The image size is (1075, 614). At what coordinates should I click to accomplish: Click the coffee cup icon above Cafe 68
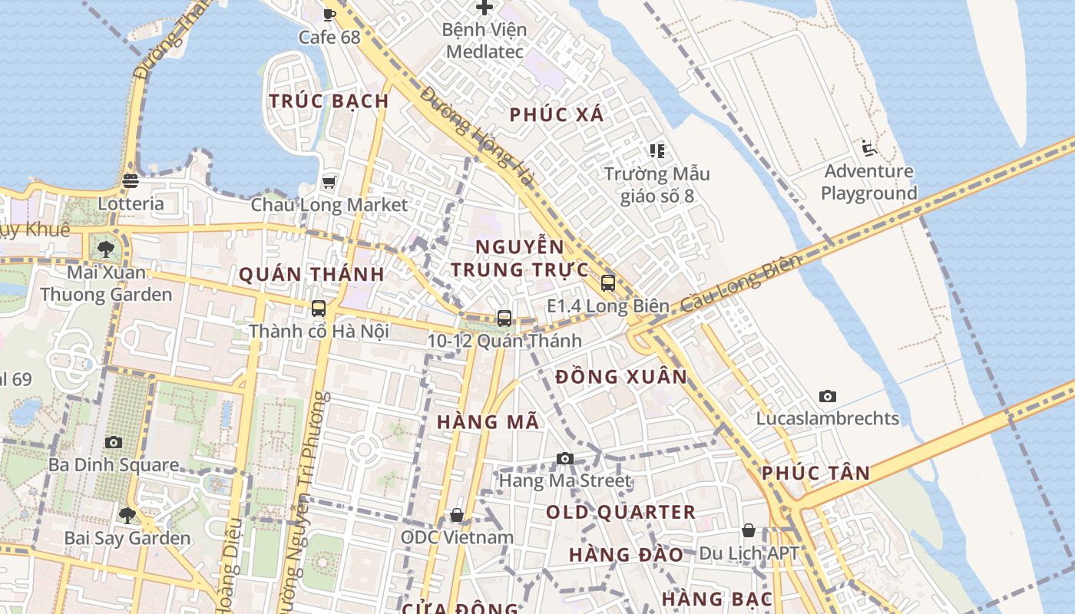tap(329, 14)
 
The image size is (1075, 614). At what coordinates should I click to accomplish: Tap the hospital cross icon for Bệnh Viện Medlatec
tap(485, 8)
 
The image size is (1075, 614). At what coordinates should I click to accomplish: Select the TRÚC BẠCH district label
tap(329, 101)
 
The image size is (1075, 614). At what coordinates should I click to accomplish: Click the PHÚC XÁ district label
tap(557, 115)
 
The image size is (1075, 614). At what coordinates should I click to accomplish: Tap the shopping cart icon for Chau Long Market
tap(329, 182)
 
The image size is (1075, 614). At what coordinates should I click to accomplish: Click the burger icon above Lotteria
tap(130, 181)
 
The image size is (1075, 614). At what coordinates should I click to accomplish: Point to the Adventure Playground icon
tap(869, 148)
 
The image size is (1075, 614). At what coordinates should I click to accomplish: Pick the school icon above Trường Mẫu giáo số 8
tap(657, 150)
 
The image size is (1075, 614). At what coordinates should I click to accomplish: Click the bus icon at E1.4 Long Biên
tap(607, 283)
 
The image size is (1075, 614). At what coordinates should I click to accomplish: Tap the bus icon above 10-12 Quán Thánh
tap(504, 318)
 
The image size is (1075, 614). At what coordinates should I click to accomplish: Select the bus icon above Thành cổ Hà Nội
tap(319, 309)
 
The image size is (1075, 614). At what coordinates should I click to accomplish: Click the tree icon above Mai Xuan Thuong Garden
tap(106, 249)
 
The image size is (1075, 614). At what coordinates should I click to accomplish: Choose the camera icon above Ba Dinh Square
tap(114, 442)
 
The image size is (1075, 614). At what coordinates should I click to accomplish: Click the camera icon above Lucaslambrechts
tap(827, 396)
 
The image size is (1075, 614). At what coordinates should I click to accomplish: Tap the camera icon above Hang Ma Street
tap(565, 458)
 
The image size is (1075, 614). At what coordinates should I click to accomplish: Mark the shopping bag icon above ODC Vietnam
tap(457, 514)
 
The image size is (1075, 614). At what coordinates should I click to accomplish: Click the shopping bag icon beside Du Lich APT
tap(749, 530)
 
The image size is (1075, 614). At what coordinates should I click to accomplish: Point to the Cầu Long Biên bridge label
tap(740, 283)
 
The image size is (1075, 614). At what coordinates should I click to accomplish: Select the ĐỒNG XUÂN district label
tap(621, 377)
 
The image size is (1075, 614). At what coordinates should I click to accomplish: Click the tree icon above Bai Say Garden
tap(127, 514)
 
